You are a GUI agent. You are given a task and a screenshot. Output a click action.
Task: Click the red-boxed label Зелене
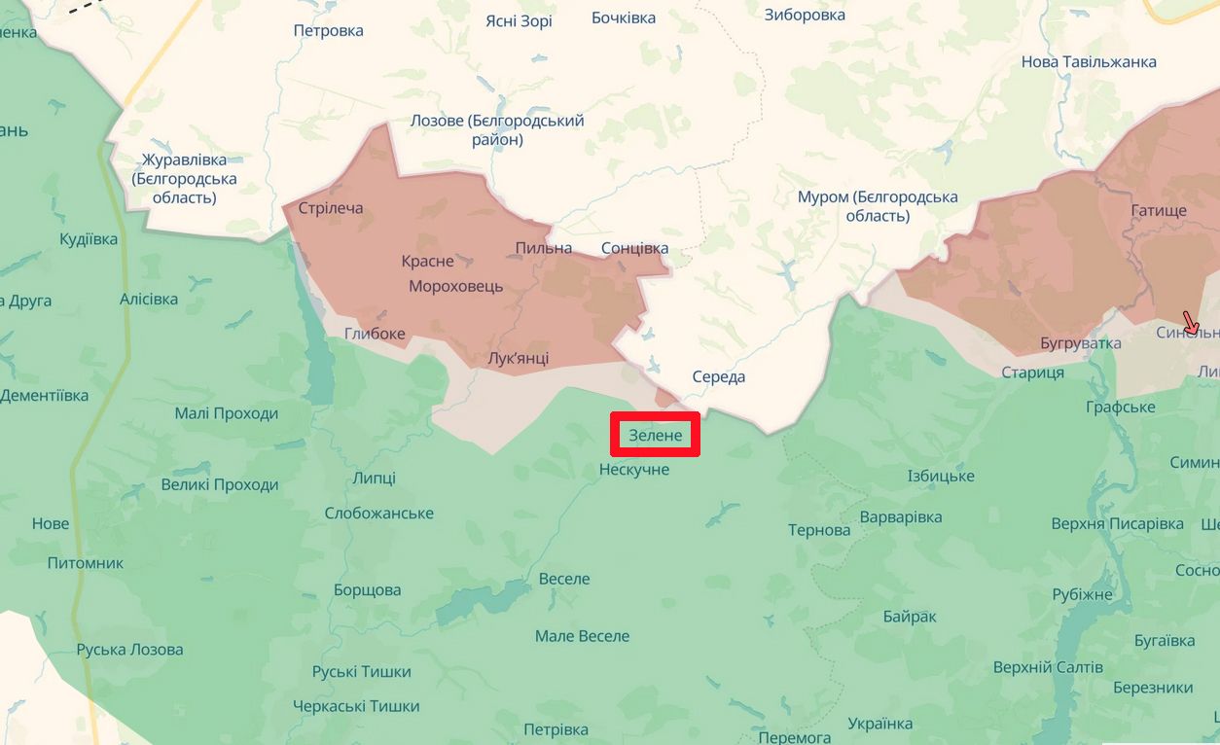pos(656,435)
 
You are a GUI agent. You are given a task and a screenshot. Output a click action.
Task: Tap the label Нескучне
pos(634,470)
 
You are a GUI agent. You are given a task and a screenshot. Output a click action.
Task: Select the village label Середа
pos(718,377)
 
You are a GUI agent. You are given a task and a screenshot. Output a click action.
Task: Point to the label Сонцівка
pos(634,248)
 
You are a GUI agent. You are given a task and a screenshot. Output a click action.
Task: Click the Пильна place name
pos(543,248)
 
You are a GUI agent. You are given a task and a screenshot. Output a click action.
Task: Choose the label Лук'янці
pos(518,358)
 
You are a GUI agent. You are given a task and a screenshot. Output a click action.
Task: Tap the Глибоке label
pos(375,334)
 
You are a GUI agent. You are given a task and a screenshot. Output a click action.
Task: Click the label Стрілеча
pos(331,208)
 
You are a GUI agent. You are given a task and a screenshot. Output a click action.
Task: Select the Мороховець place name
pos(456,286)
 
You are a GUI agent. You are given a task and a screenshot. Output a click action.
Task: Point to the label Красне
pos(427,261)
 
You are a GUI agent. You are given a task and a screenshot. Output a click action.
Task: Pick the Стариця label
pos(1032,372)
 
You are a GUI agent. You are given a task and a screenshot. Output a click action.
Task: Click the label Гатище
pos(1159,210)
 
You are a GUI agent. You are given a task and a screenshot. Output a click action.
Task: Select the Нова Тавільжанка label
pos(1089,61)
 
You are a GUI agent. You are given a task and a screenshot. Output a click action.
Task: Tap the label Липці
pos(375,478)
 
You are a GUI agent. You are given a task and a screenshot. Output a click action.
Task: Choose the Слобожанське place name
pos(378,513)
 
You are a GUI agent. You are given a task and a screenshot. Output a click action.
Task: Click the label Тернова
pos(819,530)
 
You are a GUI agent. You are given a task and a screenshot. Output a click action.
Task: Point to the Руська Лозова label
pos(129,650)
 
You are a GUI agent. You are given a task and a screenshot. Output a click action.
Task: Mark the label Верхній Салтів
pos(1048,667)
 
